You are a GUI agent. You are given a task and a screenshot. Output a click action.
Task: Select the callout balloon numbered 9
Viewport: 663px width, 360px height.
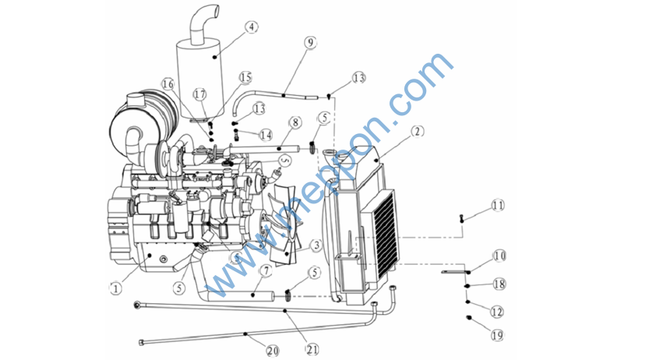(x=311, y=44)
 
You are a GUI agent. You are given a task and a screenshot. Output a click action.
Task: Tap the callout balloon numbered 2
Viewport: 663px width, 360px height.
(x=418, y=131)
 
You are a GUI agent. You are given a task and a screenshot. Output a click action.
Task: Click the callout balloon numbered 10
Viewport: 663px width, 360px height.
(x=499, y=256)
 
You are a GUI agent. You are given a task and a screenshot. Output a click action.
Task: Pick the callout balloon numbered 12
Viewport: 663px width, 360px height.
(x=497, y=311)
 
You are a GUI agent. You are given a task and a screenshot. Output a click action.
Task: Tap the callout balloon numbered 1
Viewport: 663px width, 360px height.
(x=115, y=288)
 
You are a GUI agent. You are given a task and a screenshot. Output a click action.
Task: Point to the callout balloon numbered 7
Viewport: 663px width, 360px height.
(x=265, y=271)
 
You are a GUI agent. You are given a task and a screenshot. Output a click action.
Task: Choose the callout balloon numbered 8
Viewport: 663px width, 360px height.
(x=294, y=122)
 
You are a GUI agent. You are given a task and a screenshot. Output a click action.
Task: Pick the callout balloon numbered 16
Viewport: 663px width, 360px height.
(x=168, y=84)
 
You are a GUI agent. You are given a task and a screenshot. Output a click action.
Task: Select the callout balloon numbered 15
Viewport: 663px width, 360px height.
(x=246, y=77)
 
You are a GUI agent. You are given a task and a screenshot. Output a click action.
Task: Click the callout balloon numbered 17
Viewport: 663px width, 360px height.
(x=200, y=94)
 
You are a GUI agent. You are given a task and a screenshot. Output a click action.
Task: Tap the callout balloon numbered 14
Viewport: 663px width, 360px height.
(x=266, y=135)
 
